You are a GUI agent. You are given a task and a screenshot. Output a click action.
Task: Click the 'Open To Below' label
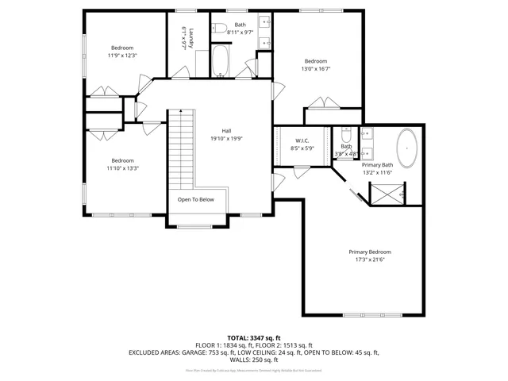tap(195, 199)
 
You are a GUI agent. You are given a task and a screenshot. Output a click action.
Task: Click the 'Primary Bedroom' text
tap(370, 252)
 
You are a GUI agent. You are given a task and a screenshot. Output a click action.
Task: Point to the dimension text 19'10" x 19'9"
tap(226, 138)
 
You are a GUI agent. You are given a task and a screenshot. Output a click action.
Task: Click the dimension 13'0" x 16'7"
tap(316, 69)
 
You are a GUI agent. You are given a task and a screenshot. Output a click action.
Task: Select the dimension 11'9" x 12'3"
tap(122, 56)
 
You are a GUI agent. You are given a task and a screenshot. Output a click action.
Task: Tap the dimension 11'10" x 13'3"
tap(122, 167)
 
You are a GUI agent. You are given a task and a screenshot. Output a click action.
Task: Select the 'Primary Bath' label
tap(378, 165)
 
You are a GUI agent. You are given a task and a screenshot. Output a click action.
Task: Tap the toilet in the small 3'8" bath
tap(347, 134)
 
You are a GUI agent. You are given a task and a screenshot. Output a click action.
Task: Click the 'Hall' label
tap(226, 131)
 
